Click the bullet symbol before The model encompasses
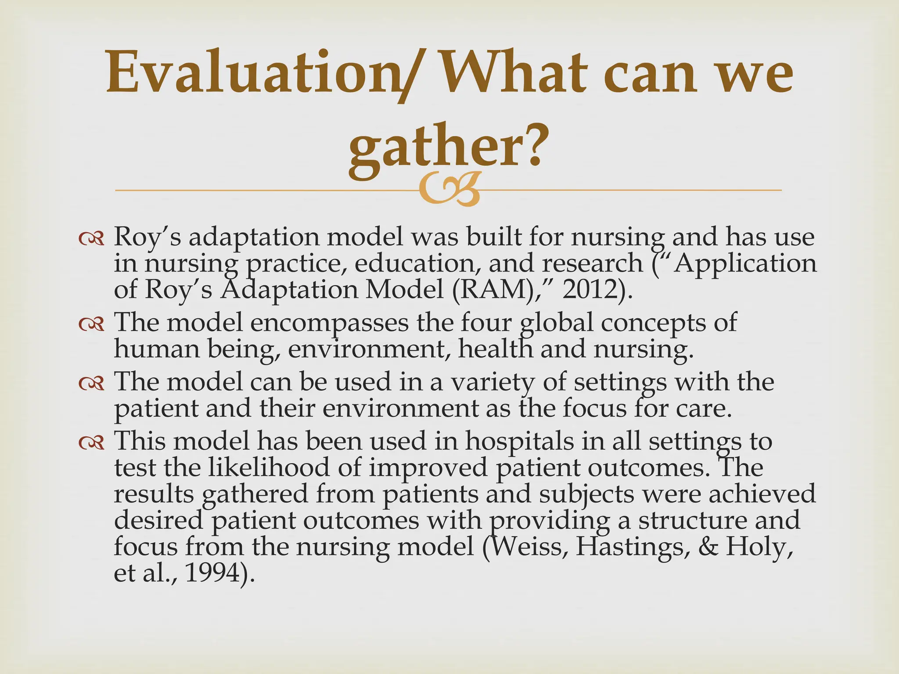tap(91, 324)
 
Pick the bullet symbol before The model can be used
tap(91, 383)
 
